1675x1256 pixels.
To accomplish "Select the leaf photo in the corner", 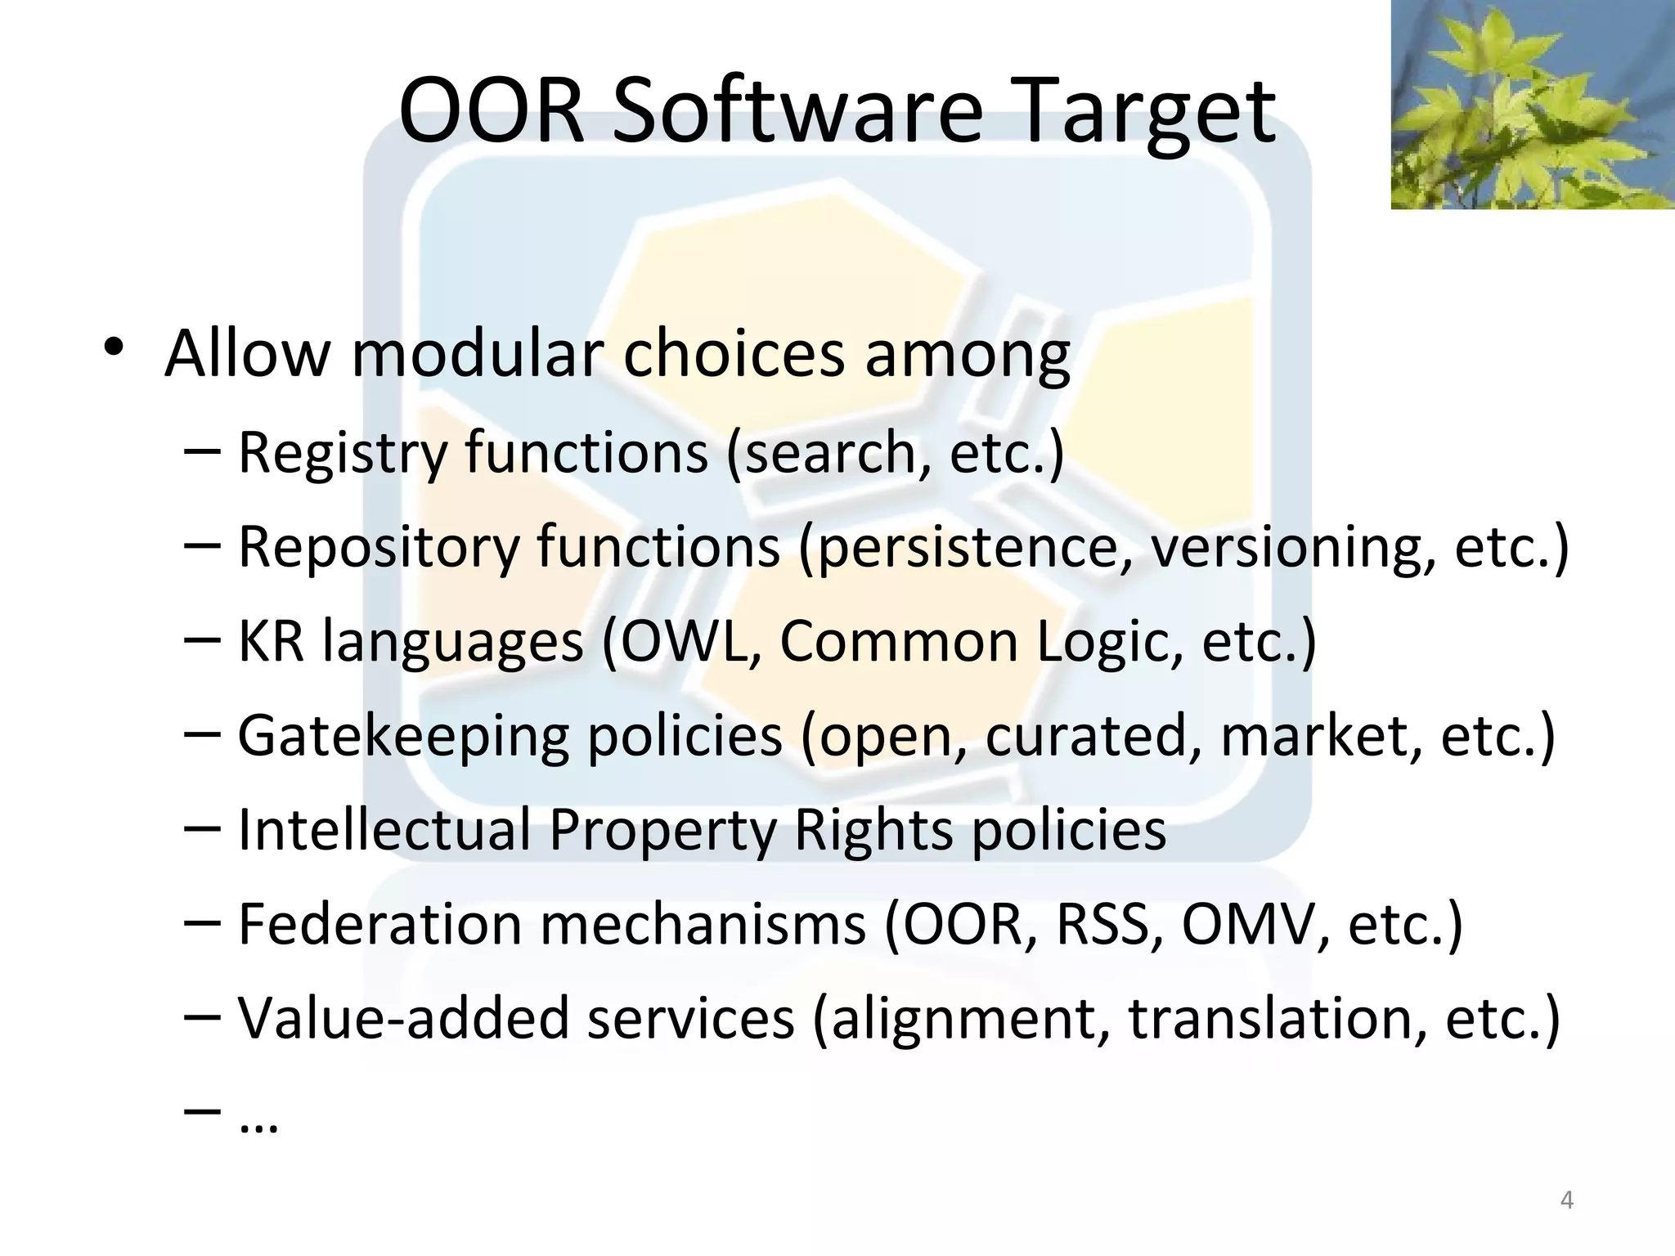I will pyautogui.click(x=1532, y=104).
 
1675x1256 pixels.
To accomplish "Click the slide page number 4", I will pyautogui.click(x=1567, y=1200).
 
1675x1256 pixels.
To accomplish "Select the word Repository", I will pyautogui.click(x=378, y=547).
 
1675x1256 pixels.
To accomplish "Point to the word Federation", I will pyautogui.click(x=379, y=924).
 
